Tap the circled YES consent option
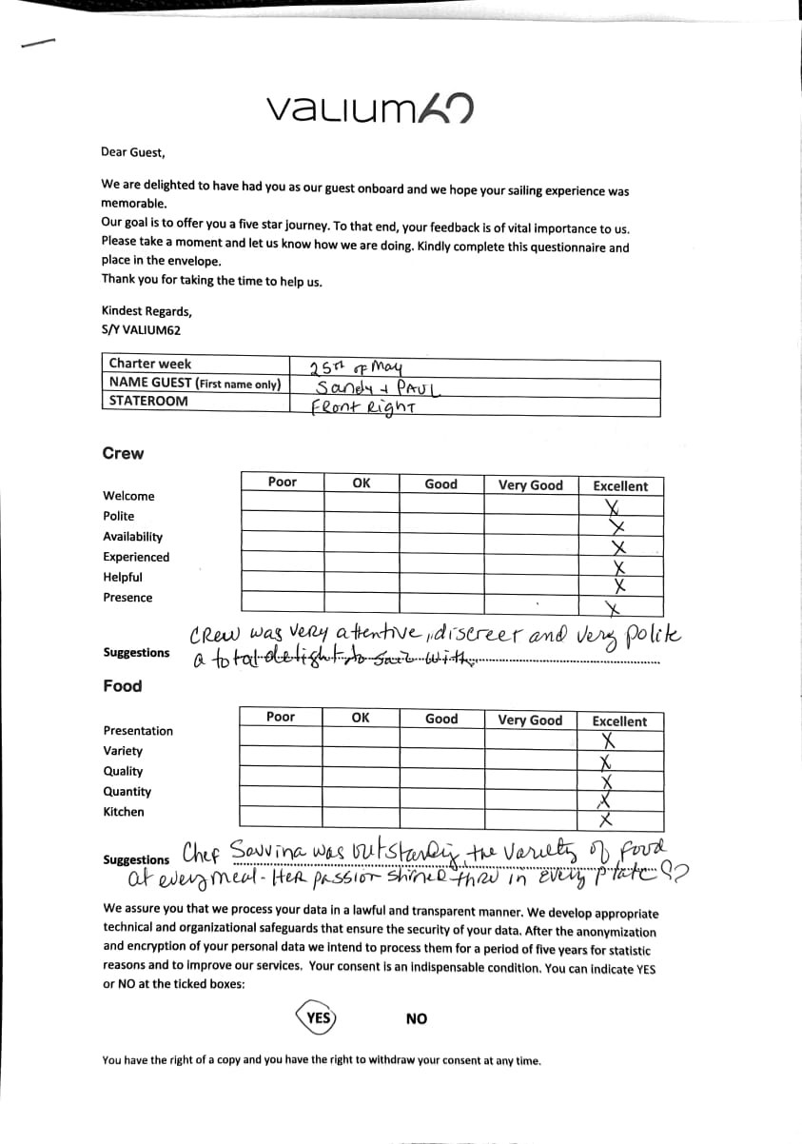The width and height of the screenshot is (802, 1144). pyautogui.click(x=319, y=1017)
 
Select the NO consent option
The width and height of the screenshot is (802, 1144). pyautogui.click(x=416, y=1019)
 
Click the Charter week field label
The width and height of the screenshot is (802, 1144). pyautogui.click(x=149, y=364)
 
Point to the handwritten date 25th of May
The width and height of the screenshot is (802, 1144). pyautogui.click(x=357, y=367)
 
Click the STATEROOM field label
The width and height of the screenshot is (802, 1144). pyautogui.click(x=147, y=401)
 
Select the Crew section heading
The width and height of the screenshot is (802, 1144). pyautogui.click(x=123, y=454)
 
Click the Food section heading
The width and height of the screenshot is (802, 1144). pyautogui.click(x=122, y=686)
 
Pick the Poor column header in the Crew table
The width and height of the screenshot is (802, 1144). pyautogui.click(x=282, y=483)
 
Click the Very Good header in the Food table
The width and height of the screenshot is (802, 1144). pyautogui.click(x=530, y=720)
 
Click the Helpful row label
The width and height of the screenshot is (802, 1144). pyautogui.click(x=123, y=577)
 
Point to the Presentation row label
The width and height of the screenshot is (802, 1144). pyautogui.click(x=138, y=731)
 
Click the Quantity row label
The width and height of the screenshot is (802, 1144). pyautogui.click(x=127, y=792)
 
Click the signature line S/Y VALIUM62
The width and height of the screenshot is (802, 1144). pyautogui.click(x=141, y=330)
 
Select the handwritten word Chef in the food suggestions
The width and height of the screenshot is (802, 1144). pyautogui.click(x=202, y=850)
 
